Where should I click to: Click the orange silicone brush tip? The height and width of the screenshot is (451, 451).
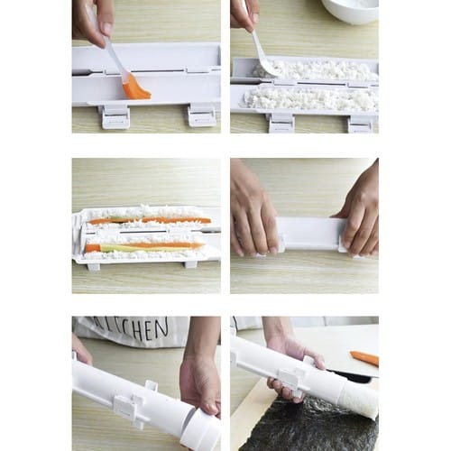[x=137, y=87]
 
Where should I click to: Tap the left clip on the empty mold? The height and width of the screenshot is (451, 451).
[x=115, y=115]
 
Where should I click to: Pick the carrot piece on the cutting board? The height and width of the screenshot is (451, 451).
[x=364, y=358]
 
